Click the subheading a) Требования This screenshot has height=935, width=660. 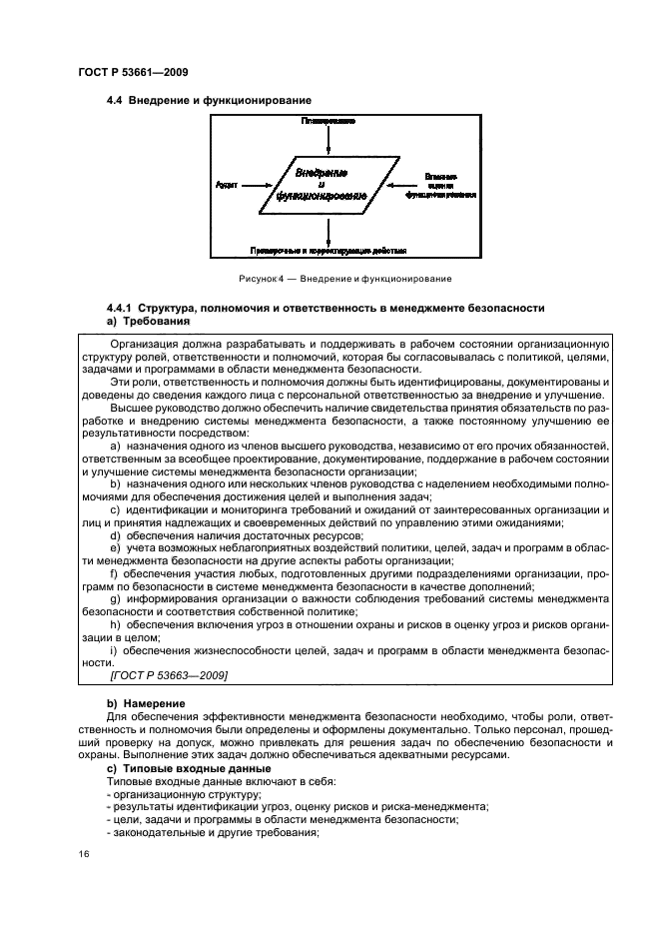(148, 322)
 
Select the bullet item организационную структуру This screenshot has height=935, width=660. (183, 793)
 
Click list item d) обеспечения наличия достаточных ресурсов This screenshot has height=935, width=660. (236, 536)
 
